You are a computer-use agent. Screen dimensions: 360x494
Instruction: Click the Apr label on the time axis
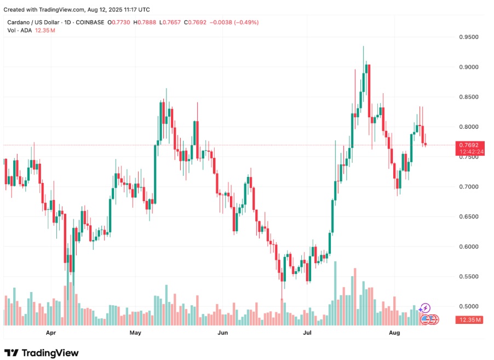click(51, 333)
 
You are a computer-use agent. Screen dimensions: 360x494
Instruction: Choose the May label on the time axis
click(135, 333)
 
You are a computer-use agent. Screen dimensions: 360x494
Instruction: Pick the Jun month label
click(222, 333)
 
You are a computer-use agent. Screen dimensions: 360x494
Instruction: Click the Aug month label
click(394, 333)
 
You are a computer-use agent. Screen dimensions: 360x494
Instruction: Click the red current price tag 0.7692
click(468, 145)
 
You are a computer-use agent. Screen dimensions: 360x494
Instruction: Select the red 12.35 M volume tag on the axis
click(469, 319)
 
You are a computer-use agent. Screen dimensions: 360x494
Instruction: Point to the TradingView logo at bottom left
click(42, 353)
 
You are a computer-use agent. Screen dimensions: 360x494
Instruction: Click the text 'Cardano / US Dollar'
click(37, 22)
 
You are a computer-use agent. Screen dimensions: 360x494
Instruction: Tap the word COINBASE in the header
click(90, 22)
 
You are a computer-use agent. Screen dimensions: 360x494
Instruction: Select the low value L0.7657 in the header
click(171, 22)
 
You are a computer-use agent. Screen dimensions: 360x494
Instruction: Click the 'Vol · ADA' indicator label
click(19, 30)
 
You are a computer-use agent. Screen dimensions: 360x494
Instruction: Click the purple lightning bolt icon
click(426, 308)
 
